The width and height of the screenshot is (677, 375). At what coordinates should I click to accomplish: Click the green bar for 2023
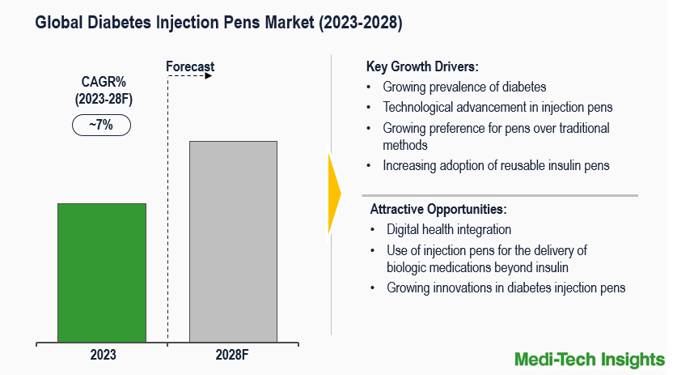coord(101,272)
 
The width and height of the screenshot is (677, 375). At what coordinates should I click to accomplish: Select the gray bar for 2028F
coord(233,241)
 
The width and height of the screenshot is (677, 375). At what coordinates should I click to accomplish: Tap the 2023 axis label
coord(103,355)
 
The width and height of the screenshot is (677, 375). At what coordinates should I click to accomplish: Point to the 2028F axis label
coord(234,355)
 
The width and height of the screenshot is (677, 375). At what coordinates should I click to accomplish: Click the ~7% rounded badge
coord(101,126)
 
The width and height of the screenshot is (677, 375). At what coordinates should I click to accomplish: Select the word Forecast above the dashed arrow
coord(190,66)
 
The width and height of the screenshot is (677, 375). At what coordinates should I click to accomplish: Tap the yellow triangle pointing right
coord(333,193)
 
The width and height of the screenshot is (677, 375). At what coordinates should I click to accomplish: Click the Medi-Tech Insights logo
coord(590,358)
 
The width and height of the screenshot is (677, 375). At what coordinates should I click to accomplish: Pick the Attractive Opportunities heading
coord(438,209)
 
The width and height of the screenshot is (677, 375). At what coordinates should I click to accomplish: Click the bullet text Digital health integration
coord(449,229)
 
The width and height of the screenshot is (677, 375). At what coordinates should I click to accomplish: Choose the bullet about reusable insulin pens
coord(496,165)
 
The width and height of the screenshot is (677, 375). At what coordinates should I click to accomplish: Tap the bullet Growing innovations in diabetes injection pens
coord(506,288)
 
